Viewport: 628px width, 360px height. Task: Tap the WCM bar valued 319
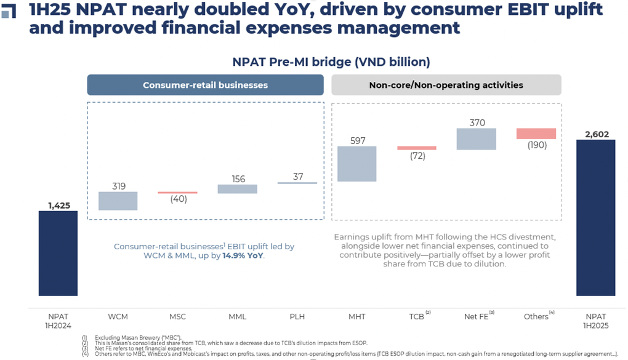(118, 201)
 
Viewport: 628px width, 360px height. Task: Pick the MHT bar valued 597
(356, 164)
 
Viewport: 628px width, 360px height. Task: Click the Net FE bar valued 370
(476, 139)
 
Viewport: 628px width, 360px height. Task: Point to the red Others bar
(536, 134)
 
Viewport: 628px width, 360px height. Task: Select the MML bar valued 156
(237, 189)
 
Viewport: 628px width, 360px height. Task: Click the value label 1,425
(58, 205)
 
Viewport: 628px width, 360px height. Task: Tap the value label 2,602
(595, 133)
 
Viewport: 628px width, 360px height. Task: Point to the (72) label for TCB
(417, 156)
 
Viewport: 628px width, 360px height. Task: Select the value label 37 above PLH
(297, 177)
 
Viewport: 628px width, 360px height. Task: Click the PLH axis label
(297, 316)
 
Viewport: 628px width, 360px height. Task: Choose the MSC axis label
(177, 316)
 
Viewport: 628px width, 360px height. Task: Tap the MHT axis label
(356, 316)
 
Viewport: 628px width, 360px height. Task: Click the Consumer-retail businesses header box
(205, 85)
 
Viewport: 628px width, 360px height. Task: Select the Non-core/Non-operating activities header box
(446, 85)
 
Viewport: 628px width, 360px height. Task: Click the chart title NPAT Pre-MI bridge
(331, 62)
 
